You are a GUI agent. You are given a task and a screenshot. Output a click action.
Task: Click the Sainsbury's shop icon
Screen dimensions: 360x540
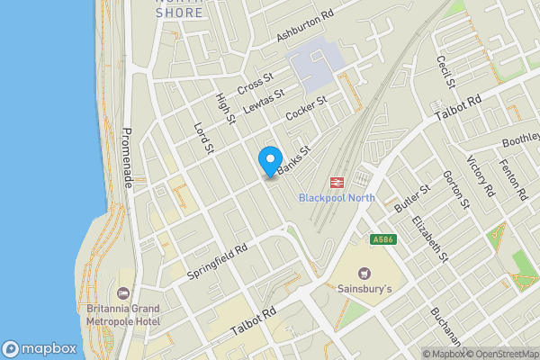point(364,273)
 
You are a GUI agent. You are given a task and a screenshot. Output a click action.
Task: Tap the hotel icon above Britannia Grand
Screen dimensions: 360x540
point(123,293)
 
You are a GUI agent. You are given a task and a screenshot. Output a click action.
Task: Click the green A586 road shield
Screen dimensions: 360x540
point(382,239)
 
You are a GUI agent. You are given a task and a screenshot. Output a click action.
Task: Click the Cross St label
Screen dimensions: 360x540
point(256,84)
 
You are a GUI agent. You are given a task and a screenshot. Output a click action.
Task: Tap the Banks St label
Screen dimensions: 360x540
point(293,159)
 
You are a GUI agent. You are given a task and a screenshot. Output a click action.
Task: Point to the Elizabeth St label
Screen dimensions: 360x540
point(429,238)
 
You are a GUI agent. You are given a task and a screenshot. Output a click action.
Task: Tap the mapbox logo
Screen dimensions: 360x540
point(40,348)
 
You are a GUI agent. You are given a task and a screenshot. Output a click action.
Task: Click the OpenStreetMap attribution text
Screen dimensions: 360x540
point(499,354)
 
